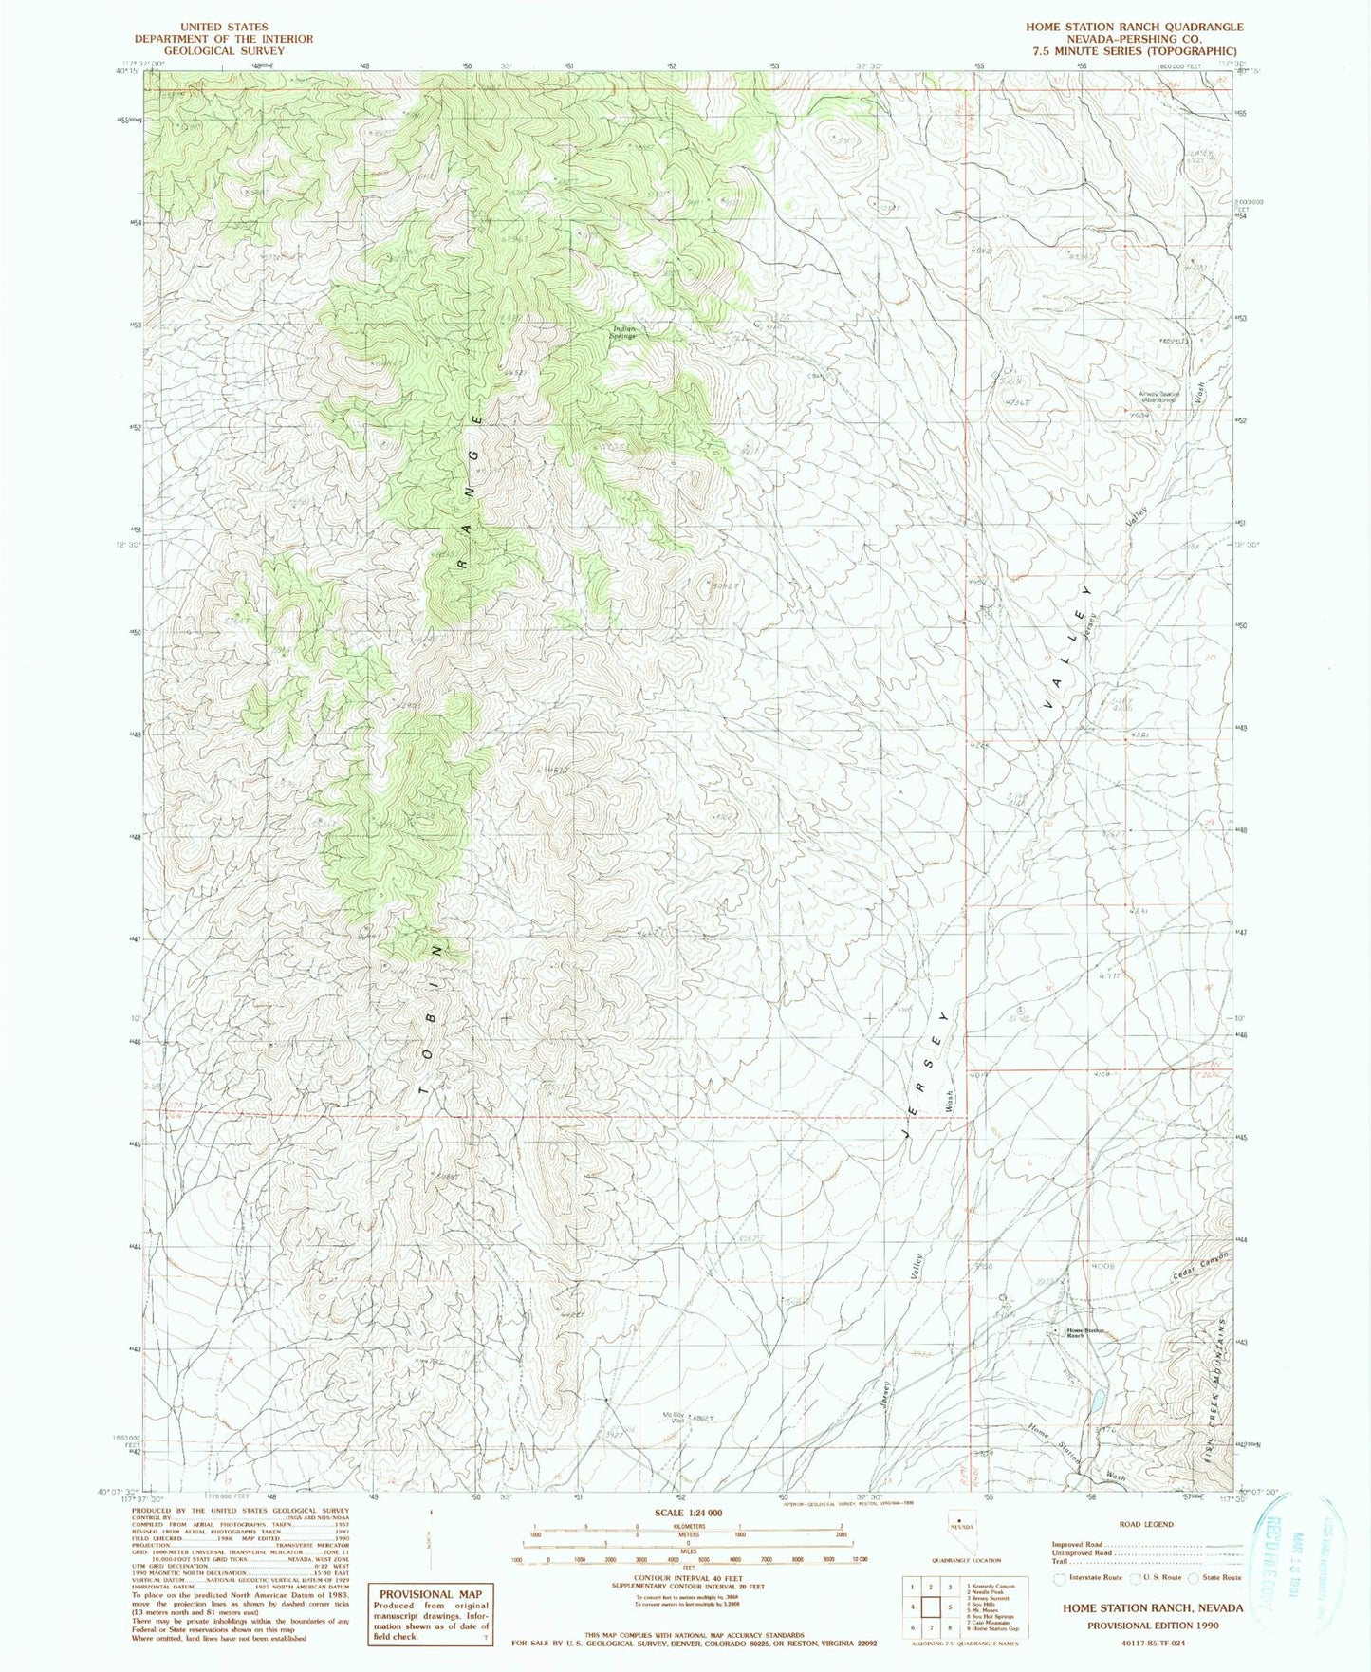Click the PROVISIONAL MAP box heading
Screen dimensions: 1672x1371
click(x=430, y=1594)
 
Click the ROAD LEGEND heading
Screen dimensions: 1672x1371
click(x=1147, y=1524)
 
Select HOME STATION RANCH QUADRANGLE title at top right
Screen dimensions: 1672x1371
click(x=1134, y=28)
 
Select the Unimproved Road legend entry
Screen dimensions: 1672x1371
click(x=1082, y=1553)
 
